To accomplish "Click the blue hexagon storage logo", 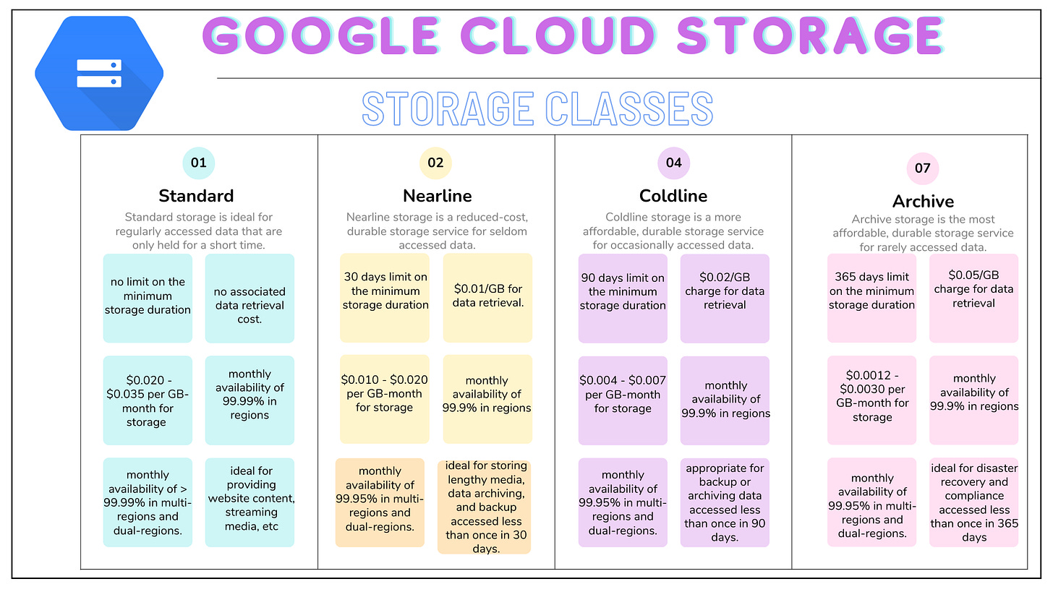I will (x=99, y=73).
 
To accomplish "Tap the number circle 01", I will (x=199, y=163).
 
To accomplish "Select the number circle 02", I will (x=435, y=163).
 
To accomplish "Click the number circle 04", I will (x=673, y=163).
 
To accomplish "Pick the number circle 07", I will (x=923, y=168).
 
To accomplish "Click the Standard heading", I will (x=196, y=196).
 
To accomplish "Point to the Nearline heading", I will (x=437, y=196).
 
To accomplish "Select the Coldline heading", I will (x=673, y=196).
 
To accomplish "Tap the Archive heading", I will (x=923, y=201).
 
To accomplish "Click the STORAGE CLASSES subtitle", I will (x=537, y=109).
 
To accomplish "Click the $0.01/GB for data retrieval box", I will (x=487, y=297).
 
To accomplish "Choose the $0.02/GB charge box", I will (x=725, y=297).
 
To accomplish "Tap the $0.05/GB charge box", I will (x=973, y=297).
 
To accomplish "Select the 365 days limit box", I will (x=871, y=297).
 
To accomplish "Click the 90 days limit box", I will (x=623, y=297).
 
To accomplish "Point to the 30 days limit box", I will (x=384, y=297).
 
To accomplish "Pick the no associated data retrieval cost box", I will (x=250, y=298).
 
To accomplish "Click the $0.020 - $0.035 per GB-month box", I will (x=148, y=400).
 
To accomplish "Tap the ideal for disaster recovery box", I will (x=973, y=502).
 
